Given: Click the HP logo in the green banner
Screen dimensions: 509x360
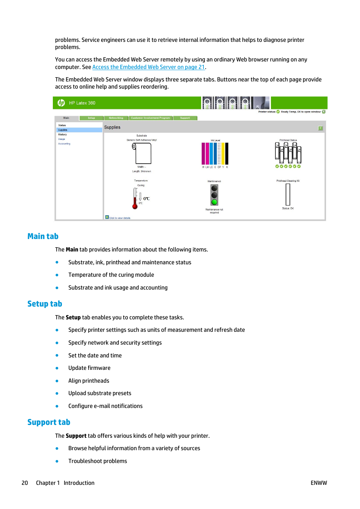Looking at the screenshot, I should tap(61, 103).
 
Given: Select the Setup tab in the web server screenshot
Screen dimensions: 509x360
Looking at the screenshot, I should tap(91, 118).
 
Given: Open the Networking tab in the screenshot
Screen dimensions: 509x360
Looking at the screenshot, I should tap(116, 118).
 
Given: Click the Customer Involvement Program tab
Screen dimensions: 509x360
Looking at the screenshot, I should tap(150, 118).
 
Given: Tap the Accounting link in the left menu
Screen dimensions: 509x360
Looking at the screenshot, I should tap(64, 144).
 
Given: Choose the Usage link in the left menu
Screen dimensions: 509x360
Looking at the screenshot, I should tap(62, 139).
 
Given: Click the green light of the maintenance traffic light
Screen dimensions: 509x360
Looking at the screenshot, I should tap(214, 202).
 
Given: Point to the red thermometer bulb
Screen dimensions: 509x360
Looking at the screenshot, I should tap(135, 206).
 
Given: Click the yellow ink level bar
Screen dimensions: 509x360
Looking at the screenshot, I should tap(223, 153).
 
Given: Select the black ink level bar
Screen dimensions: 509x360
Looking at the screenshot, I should tap(227, 153).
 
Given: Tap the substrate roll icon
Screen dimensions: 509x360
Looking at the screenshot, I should tap(142, 153).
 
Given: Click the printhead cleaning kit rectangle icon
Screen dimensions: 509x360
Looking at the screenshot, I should tap(288, 195).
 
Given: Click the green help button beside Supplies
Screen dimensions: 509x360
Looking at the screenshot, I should tap(320, 128).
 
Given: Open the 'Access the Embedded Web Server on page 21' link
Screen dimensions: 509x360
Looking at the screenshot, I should tap(148, 67).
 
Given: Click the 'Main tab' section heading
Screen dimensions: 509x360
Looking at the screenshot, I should tap(43, 236).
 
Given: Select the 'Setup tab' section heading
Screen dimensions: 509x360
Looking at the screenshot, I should tap(45, 304).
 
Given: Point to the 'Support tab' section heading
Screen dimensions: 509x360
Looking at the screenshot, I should tap(49, 422).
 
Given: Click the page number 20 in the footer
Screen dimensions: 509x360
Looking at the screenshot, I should tap(25, 483).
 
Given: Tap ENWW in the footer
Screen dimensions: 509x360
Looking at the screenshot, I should tap(318, 483).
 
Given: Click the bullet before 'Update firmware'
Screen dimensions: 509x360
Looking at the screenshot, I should tap(57, 368).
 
